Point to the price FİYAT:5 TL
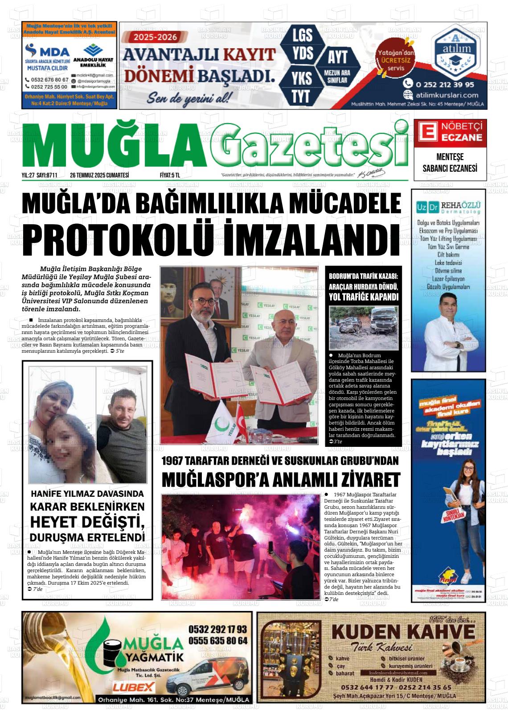pos(169,175)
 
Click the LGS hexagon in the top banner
pos(302,34)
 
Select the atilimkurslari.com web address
pos(447,95)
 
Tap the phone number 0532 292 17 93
pos(217,630)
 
